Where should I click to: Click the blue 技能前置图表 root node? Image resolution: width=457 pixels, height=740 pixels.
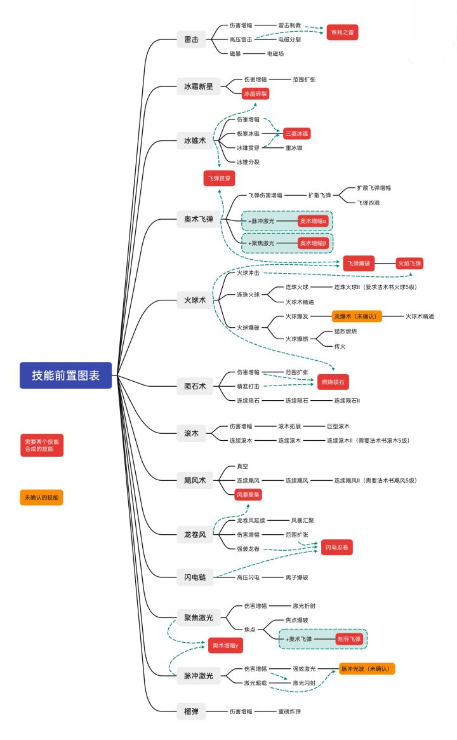pyautogui.click(x=66, y=375)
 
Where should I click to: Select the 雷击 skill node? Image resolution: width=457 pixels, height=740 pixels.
pyautogui.click(x=191, y=40)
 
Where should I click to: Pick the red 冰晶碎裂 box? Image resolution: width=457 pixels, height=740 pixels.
pyautogui.click(x=255, y=94)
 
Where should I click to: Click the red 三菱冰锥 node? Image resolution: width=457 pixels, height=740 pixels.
pyautogui.click(x=296, y=133)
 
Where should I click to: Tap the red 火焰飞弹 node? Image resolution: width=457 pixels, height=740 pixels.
pyautogui.click(x=409, y=263)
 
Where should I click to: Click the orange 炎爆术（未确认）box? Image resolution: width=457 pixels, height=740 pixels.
pyautogui.click(x=357, y=316)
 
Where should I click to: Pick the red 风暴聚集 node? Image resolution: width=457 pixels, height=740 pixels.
pyautogui.click(x=248, y=494)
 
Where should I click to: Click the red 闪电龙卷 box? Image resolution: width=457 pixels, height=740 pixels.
pyautogui.click(x=336, y=547)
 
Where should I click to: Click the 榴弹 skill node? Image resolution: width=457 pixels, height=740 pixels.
pyautogui.click(x=191, y=711)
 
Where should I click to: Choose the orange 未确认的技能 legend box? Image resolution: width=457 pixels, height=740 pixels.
pyautogui.click(x=41, y=498)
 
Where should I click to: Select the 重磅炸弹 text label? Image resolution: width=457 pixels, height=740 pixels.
pyautogui.click(x=289, y=711)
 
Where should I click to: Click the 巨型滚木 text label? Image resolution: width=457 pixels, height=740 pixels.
pyautogui.click(x=338, y=426)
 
